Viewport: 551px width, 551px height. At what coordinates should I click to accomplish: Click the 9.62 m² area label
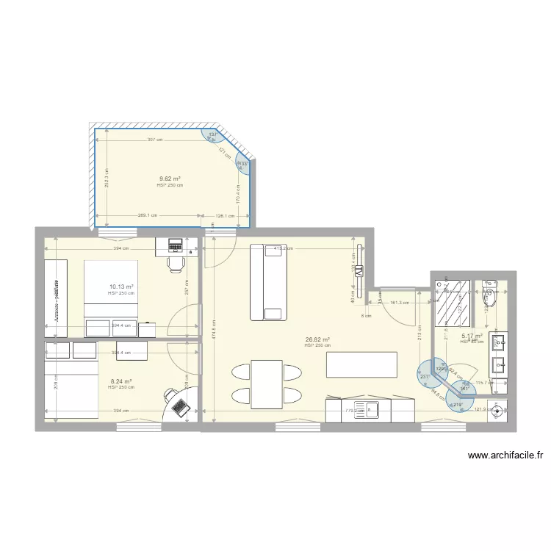pyautogui.click(x=170, y=179)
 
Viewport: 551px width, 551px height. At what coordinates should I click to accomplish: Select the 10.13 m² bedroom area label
pyautogui.click(x=121, y=287)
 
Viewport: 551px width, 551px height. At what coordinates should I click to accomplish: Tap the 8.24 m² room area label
pyautogui.click(x=121, y=381)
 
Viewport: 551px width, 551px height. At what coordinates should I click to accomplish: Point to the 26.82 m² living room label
pyautogui.click(x=317, y=339)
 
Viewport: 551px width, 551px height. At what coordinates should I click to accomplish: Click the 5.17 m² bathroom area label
pyautogui.click(x=470, y=336)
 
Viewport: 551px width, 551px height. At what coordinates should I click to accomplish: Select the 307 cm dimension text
pyautogui.click(x=154, y=140)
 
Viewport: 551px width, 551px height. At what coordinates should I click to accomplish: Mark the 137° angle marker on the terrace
pyautogui.click(x=213, y=134)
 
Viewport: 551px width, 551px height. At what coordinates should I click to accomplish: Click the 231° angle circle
pyautogui.click(x=425, y=377)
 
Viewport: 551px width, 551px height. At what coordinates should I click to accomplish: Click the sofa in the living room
pyautogui.click(x=267, y=282)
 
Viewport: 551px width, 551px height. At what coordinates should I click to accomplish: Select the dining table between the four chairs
pyautogui.click(x=267, y=383)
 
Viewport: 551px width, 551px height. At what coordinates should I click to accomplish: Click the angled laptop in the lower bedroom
pyautogui.click(x=178, y=403)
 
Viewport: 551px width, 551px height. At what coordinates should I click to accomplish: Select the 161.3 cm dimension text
pyautogui.click(x=400, y=302)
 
